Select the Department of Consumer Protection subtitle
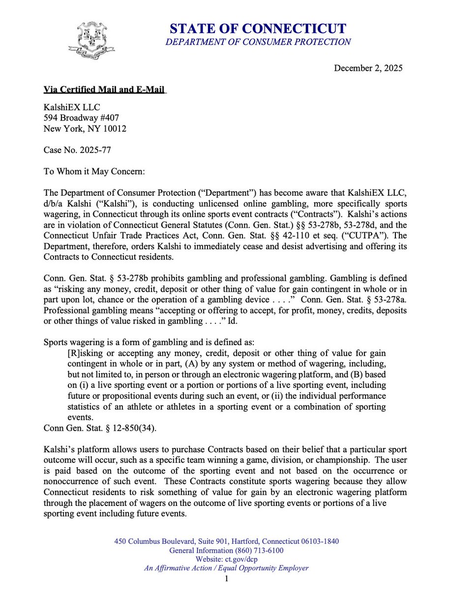point(258,42)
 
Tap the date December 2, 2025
point(368,68)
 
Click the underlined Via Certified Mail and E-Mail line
point(105,89)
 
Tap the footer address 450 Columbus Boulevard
point(226,541)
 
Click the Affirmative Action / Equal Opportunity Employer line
point(226,568)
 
